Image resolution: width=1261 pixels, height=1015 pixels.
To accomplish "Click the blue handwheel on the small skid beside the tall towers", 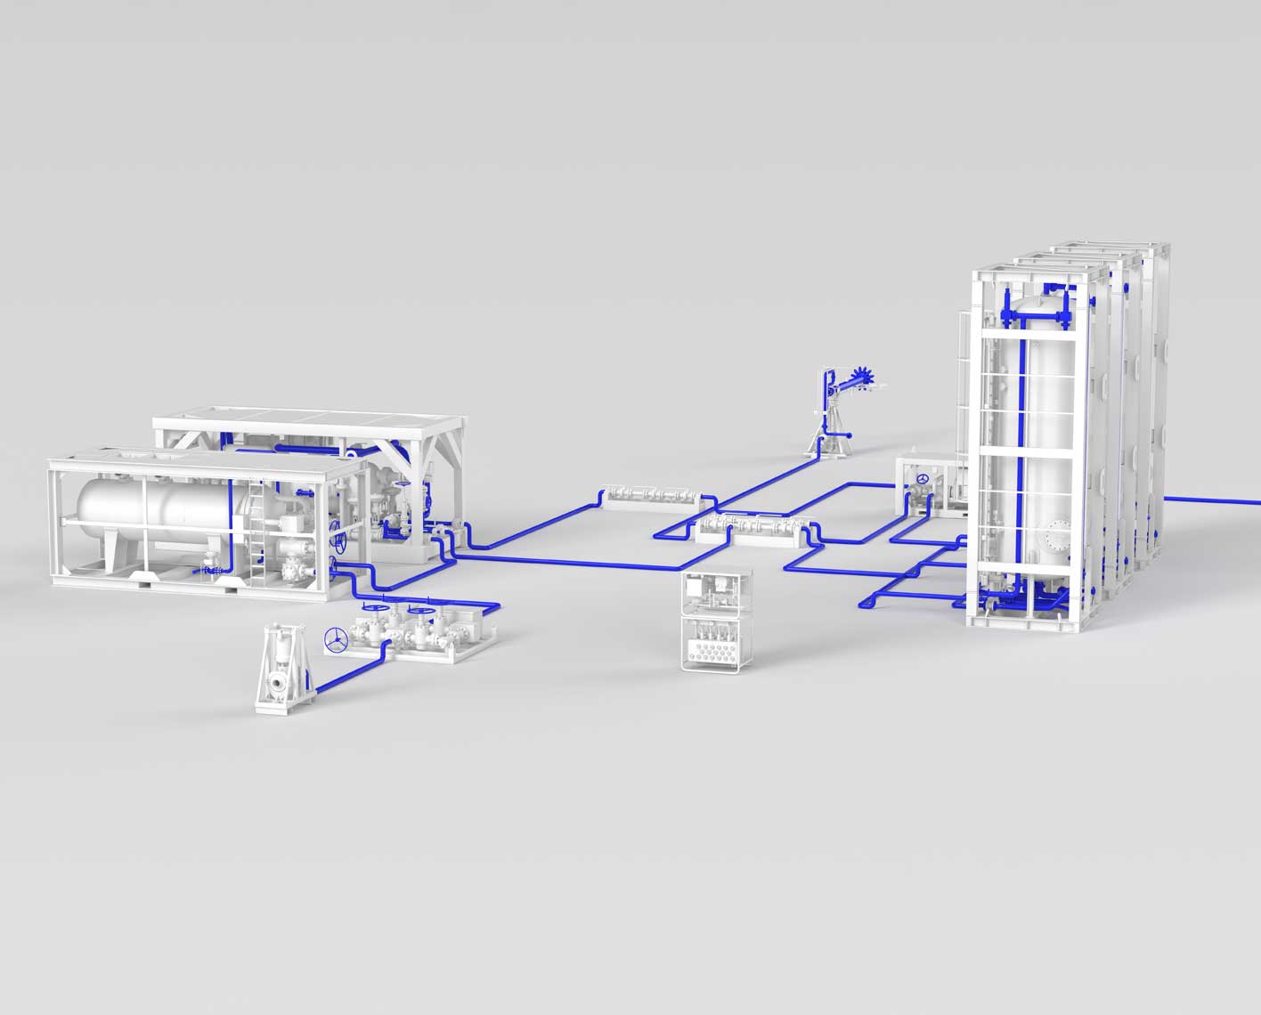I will click(x=923, y=481).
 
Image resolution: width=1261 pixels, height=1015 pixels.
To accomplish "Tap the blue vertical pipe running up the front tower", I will click(x=1022, y=445).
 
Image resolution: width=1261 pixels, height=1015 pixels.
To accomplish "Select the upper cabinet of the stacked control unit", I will click(x=717, y=591).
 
